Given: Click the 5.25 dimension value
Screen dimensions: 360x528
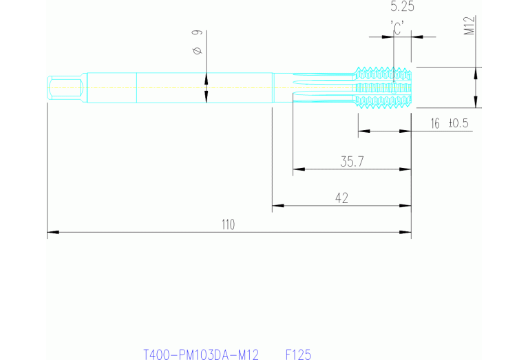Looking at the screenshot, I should coord(402,8).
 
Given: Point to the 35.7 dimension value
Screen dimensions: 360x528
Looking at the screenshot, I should coord(352,162).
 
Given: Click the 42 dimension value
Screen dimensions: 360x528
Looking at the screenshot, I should coord(341,198).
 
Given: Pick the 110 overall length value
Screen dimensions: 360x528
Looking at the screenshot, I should coord(228,224).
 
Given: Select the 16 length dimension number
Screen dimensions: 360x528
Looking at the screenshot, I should coord(434,124).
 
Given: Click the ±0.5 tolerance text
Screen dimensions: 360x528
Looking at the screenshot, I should coord(458,124).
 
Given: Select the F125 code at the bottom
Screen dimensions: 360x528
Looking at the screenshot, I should coord(298,354).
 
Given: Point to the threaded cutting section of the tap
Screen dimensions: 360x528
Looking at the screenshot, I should coord(383,88).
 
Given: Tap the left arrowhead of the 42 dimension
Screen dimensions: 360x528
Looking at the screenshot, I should coord(275,205).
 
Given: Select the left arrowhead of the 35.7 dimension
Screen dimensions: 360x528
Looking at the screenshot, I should coord(296,169).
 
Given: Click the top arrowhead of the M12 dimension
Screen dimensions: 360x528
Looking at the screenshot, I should coord(475,70).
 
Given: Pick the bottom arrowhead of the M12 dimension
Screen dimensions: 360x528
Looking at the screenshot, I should coord(475,105).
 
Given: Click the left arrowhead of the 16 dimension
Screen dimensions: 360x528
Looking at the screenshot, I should coord(361,131).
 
